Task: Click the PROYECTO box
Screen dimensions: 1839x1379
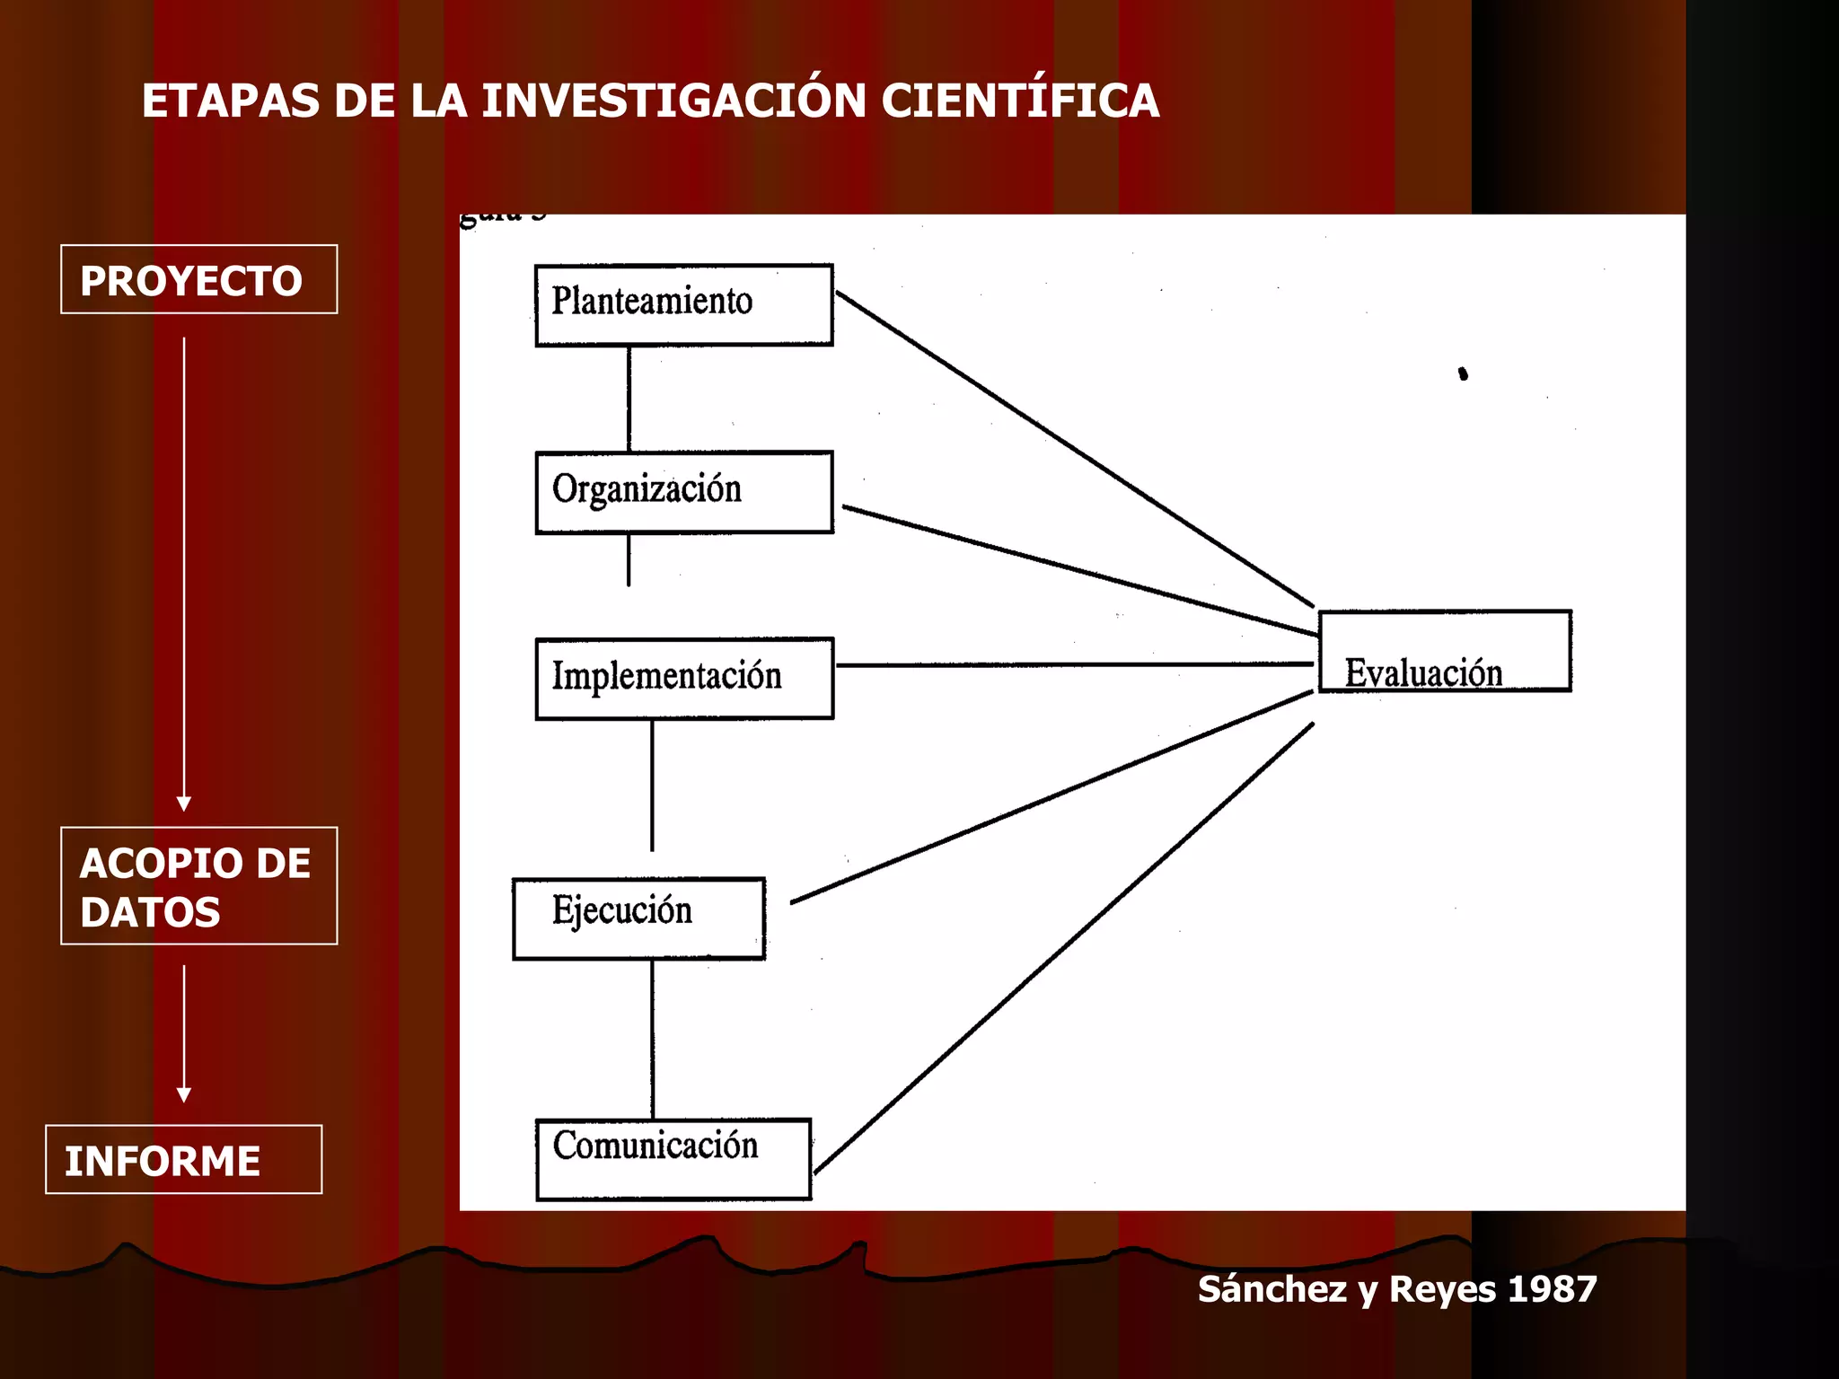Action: point(198,279)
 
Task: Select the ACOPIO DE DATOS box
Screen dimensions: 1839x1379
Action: point(198,885)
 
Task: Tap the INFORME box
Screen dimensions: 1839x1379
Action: point(183,1159)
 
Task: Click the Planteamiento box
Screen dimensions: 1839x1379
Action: point(683,304)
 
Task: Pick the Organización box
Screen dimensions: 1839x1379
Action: point(683,492)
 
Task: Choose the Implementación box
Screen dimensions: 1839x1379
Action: point(683,679)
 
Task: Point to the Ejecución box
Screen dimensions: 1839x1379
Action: point(638,918)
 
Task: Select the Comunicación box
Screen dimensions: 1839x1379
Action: point(673,1159)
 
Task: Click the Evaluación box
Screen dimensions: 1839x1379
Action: point(1444,651)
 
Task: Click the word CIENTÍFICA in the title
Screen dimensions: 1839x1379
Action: point(1020,101)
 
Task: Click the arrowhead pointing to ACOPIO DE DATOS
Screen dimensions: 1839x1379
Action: point(184,803)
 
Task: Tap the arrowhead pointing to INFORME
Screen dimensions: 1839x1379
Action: point(184,1094)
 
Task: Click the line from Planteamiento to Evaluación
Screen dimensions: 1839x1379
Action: point(1074,449)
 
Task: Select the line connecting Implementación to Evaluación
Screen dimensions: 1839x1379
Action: point(1074,665)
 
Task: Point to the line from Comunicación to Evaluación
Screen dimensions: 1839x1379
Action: point(1064,947)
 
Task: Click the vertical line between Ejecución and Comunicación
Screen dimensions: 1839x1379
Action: point(653,1039)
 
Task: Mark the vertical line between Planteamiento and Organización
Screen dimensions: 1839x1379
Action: point(629,399)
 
